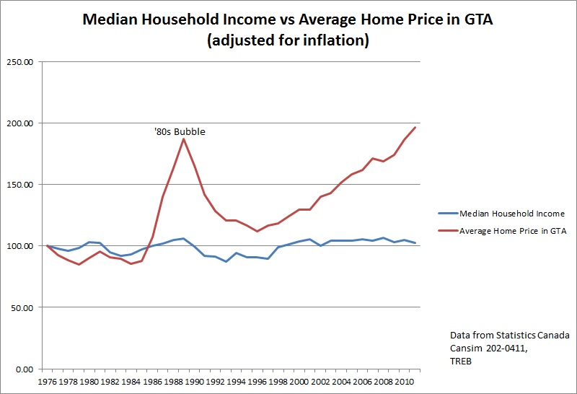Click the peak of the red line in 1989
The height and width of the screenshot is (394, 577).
coord(184,139)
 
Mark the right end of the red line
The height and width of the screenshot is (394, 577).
coord(415,127)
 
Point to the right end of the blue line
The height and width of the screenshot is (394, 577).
coord(415,243)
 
